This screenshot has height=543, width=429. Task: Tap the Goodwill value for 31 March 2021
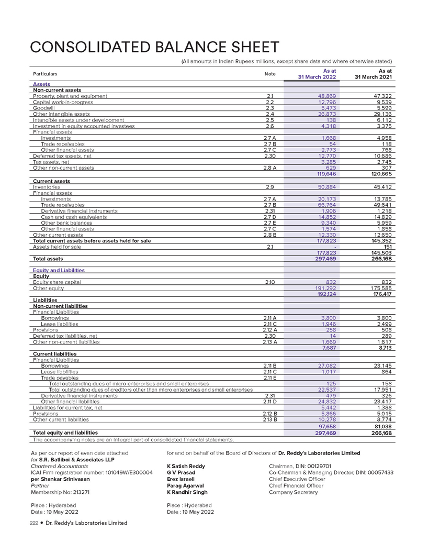point(381,107)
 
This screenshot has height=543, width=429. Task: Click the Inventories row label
point(47,187)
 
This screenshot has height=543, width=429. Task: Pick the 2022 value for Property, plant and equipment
point(325,96)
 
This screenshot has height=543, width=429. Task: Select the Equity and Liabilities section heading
point(59,270)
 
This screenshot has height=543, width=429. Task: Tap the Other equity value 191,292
point(324,288)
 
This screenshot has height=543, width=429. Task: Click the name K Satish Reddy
point(186,466)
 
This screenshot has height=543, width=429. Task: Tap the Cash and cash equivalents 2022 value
point(325,217)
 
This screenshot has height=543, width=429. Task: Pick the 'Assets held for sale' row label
point(57,247)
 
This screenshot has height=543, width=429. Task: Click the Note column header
point(270,74)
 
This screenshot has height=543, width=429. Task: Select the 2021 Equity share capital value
point(385,282)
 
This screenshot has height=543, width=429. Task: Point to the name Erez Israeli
point(179,479)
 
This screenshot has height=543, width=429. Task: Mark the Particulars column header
point(45,74)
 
